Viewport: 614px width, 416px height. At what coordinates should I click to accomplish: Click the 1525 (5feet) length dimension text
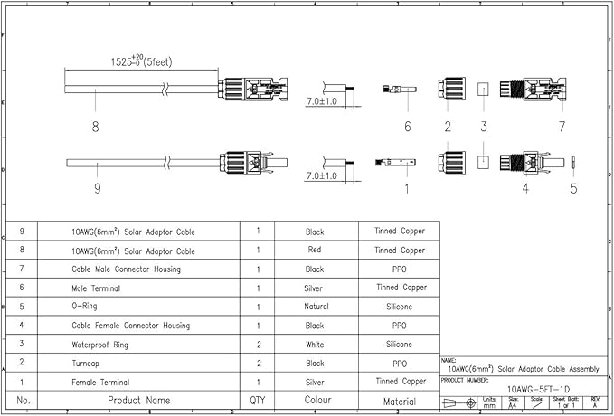[142, 61]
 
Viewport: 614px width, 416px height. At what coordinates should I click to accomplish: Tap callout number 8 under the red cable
[95, 127]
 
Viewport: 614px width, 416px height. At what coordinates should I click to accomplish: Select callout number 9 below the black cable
[97, 189]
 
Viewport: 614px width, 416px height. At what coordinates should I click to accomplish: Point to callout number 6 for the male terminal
[408, 127]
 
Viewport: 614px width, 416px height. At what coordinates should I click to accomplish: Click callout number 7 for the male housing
[562, 127]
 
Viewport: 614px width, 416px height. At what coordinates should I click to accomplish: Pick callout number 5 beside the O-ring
[573, 189]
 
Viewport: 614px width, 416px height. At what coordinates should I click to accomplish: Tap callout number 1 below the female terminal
[406, 189]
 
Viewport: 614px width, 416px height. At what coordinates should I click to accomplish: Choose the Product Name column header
[139, 400]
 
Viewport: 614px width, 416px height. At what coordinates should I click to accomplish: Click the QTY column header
[258, 400]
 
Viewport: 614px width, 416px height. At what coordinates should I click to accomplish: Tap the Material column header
[400, 400]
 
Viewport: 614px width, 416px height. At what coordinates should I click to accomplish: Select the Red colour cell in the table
[315, 251]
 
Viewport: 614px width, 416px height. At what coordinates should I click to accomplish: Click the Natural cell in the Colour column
[315, 307]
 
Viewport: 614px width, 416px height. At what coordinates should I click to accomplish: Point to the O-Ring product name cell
[87, 307]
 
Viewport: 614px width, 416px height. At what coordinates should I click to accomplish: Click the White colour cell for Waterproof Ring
[315, 344]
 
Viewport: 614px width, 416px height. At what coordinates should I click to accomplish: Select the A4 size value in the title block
[513, 405]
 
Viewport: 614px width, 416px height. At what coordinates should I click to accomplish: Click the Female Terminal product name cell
[100, 382]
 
